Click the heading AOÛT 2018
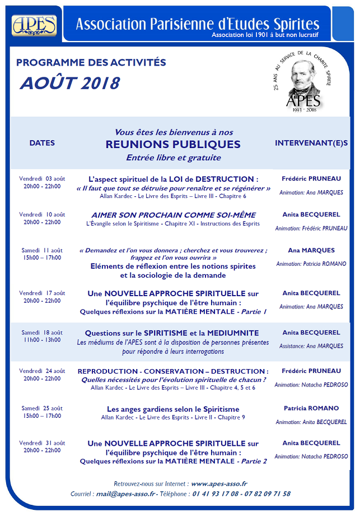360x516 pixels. coord(70,83)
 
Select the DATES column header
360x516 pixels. coord(42,143)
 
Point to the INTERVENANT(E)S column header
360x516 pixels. coord(311,143)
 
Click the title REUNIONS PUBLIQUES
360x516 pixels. coord(173,144)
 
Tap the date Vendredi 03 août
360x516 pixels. coord(42,179)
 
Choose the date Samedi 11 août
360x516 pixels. coord(42,250)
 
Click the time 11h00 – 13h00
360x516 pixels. coord(42,340)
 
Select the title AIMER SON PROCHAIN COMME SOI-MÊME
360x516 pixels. coord(174,215)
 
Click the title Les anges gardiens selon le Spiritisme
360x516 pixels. coord(173,409)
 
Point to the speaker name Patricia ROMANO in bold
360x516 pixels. coord(311,408)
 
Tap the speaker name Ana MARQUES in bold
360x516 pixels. coord(311,250)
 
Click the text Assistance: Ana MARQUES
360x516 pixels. coord(311,346)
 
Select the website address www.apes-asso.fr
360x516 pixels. coord(219,483)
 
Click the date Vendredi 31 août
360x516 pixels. coord(42,443)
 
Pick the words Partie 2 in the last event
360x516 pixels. coord(254,462)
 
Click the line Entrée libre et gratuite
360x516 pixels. coord(173,158)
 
